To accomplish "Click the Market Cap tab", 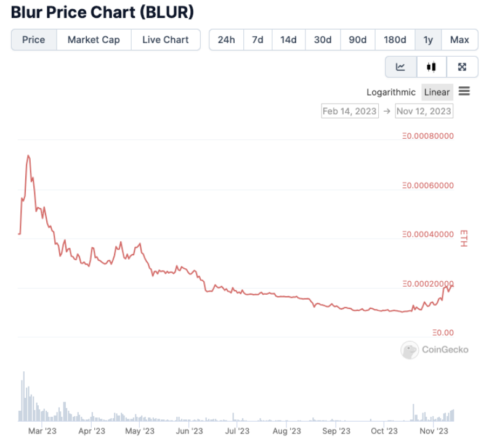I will (x=94, y=39).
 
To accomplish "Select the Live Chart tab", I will (x=165, y=39).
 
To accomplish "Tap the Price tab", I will (x=33, y=39).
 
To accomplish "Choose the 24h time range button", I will (x=226, y=39).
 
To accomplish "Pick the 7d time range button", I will (x=257, y=39).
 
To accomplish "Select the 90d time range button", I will (x=357, y=39).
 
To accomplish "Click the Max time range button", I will (x=459, y=39).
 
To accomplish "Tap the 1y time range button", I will (x=428, y=39).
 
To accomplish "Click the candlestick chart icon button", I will (x=432, y=67).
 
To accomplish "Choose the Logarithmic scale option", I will (x=391, y=92).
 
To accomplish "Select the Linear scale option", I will (x=437, y=92).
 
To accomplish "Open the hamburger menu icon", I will (x=464, y=91).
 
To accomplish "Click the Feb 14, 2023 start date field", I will (x=349, y=111).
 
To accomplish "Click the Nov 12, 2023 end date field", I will (x=424, y=111).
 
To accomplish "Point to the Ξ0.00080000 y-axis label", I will (x=427, y=136).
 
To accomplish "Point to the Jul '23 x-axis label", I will (x=237, y=431).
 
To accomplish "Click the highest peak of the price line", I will (x=28, y=155).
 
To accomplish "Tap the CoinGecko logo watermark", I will (x=435, y=350).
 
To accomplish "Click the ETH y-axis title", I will (x=464, y=238).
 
